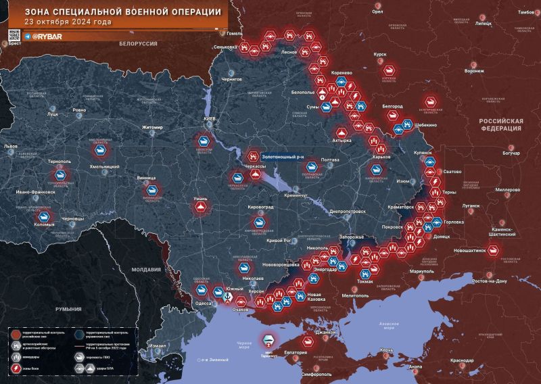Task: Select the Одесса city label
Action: (203, 304)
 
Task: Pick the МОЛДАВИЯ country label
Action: (146, 269)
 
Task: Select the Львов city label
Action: (11, 146)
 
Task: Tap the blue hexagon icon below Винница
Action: (153, 191)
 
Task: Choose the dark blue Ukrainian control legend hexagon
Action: (80, 333)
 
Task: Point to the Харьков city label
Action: (382, 157)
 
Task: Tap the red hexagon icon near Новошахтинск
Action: (494, 251)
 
